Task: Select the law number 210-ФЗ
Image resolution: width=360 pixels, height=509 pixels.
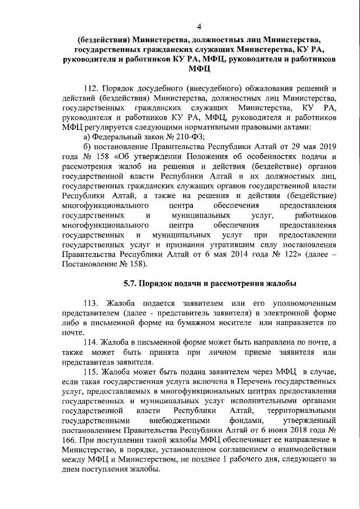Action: coord(191,137)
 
